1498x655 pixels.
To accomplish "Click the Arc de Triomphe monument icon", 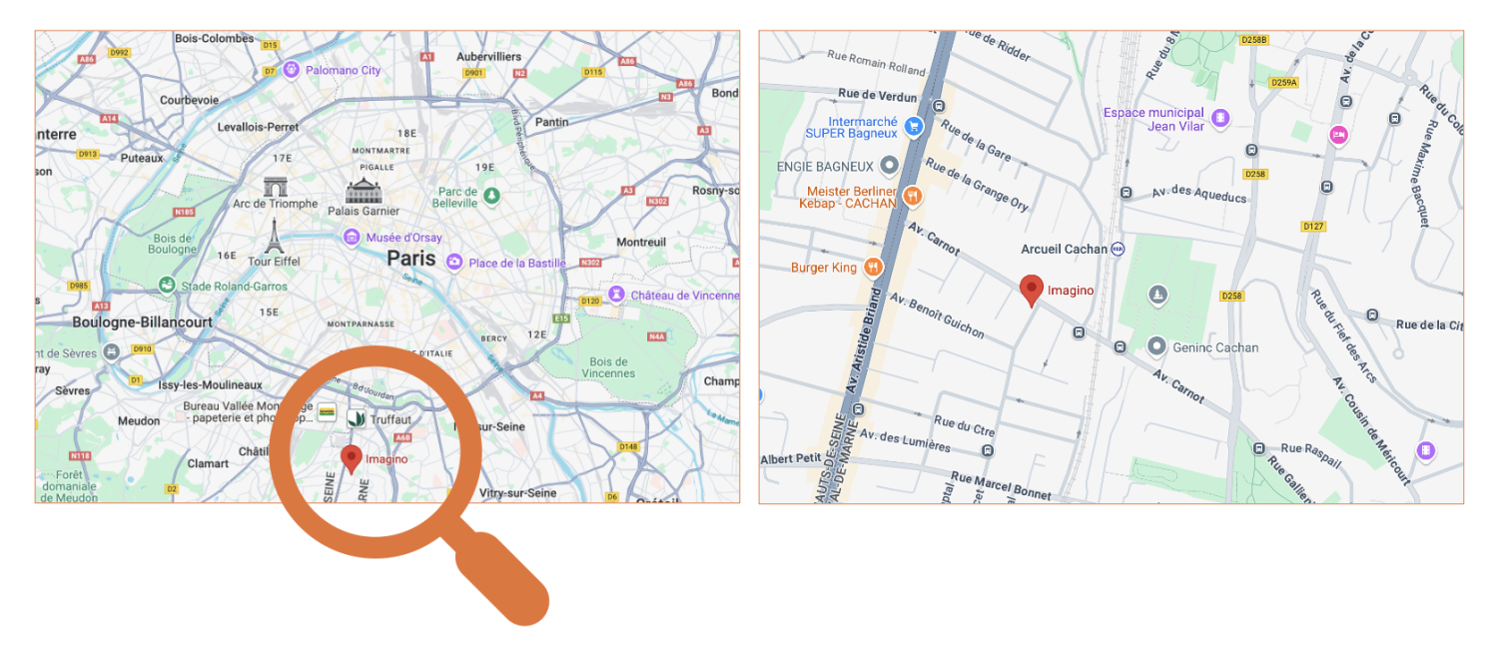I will coord(275,187).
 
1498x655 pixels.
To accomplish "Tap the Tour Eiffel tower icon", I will coord(274,236).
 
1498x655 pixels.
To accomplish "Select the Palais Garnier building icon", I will coord(363,192).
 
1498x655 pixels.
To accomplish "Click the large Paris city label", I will coord(411,258).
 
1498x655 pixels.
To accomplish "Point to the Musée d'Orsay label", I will coord(403,238).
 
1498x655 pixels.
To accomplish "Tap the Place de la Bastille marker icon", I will coord(454,263).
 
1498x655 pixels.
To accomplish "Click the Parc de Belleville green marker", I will coord(490,195).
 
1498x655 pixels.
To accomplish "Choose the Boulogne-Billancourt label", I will coord(142,323).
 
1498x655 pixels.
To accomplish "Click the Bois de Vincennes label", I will coord(608,367).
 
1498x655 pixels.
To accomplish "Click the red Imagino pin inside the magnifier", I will coord(350,458).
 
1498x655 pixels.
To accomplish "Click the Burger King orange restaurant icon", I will coord(873,267).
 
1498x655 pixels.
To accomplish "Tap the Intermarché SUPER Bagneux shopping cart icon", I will coord(912,126).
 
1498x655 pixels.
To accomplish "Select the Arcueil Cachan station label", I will coord(1064,249).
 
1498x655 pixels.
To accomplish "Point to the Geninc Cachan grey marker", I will coord(1156,346).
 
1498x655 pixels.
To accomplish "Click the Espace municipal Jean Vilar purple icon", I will coord(1219,119).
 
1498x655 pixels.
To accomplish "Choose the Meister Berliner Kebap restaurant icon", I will coord(911,197).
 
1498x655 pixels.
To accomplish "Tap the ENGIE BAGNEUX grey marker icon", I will coord(888,166).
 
